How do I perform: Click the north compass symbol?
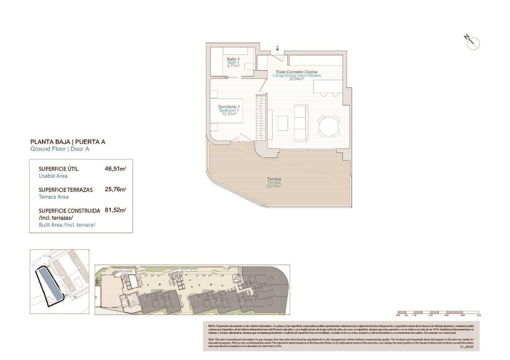click(x=473, y=43)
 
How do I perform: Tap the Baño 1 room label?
click(x=233, y=59)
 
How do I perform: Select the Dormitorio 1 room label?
click(x=229, y=107)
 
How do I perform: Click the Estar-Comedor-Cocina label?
click(x=296, y=72)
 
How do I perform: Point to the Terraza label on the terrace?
click(x=274, y=179)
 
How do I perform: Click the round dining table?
click(x=329, y=126)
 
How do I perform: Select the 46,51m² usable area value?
click(x=115, y=169)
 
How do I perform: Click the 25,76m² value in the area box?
click(x=115, y=190)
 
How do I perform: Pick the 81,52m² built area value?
click(x=115, y=210)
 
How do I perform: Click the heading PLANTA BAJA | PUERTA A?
click(x=68, y=142)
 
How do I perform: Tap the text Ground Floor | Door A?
click(x=60, y=149)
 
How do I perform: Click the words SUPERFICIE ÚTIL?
click(x=58, y=169)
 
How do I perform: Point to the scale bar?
click(x=438, y=313)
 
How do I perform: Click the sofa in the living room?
click(x=301, y=123)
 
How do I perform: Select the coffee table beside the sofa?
click(x=283, y=123)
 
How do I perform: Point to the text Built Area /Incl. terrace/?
click(x=67, y=225)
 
